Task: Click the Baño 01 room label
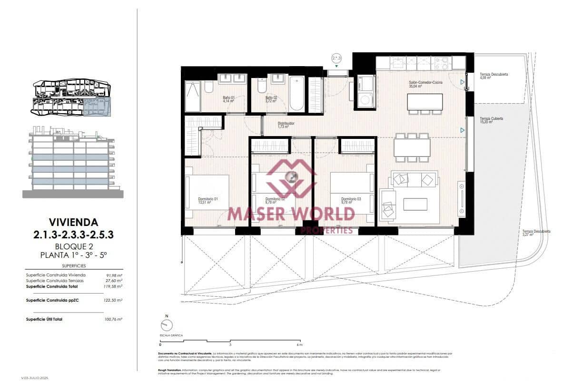pyautogui.click(x=229, y=99)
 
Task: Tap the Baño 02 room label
pyautogui.click(x=271, y=99)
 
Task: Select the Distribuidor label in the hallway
pyautogui.click(x=286, y=125)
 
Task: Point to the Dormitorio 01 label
pyautogui.click(x=208, y=201)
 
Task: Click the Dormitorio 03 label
pyautogui.click(x=351, y=201)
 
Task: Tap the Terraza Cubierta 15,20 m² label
pyautogui.click(x=491, y=120)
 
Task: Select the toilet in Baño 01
pyautogui.click(x=208, y=87)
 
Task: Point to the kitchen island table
pyautogui.click(x=424, y=102)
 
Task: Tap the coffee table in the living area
pyautogui.click(x=415, y=204)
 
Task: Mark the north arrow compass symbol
pyautogui.click(x=167, y=325)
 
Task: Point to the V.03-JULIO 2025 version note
pyautogui.click(x=35, y=378)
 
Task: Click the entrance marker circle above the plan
pyautogui.click(x=337, y=59)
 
